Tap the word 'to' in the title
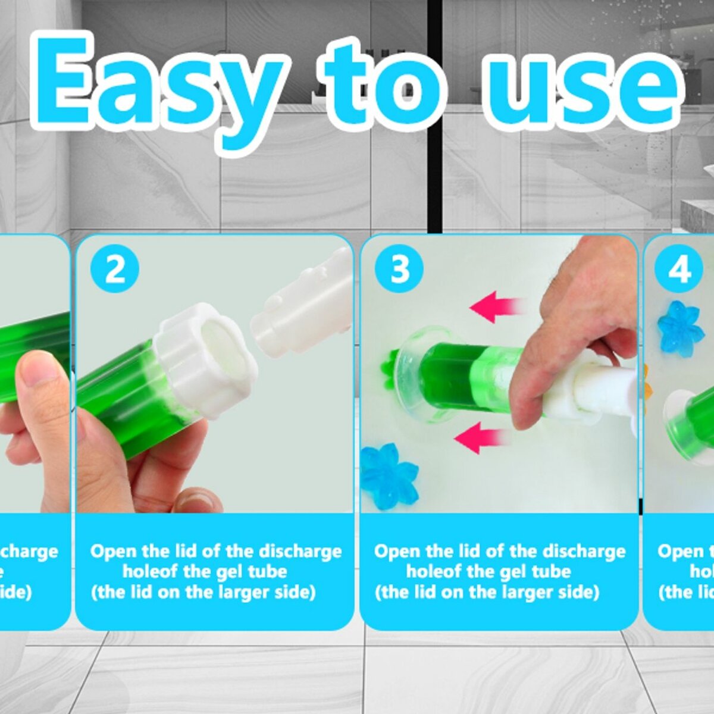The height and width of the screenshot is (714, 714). [384, 83]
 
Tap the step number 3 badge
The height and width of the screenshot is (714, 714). [399, 269]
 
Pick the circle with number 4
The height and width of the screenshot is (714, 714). [679, 270]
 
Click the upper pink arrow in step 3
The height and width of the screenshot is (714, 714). [496, 307]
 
